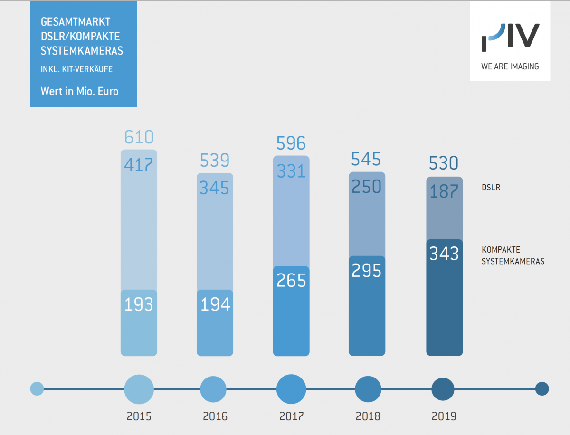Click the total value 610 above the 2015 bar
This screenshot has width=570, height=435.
click(139, 137)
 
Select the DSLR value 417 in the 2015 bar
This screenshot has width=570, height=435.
click(138, 164)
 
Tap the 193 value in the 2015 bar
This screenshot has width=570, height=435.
click(139, 304)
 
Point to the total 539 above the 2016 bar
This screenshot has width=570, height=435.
click(215, 161)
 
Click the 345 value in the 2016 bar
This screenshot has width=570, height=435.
click(214, 188)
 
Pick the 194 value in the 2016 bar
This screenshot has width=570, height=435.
click(215, 304)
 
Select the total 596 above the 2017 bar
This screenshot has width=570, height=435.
click(291, 143)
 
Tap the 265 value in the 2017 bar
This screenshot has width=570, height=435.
click(291, 281)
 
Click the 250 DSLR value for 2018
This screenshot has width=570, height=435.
click(366, 187)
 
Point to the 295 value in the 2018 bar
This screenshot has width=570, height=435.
click(367, 270)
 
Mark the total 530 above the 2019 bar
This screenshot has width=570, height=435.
click(444, 164)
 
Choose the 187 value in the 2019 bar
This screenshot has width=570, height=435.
click(444, 192)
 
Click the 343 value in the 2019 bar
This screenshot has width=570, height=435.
click(444, 254)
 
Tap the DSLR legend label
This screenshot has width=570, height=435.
click(491, 188)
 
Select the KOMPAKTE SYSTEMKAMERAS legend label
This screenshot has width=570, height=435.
click(513, 255)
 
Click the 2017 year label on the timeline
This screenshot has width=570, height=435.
click(291, 416)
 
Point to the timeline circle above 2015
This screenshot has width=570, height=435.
click(139, 389)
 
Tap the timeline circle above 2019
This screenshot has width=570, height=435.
click(444, 389)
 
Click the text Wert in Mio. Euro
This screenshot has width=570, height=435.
click(79, 91)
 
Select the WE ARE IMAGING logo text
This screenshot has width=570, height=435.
click(510, 66)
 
